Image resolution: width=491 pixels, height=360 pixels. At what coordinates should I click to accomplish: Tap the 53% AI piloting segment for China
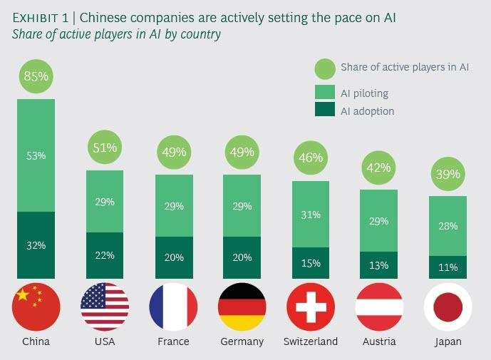click(36, 155)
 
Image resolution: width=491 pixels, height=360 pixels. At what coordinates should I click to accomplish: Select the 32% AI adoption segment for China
click(36, 245)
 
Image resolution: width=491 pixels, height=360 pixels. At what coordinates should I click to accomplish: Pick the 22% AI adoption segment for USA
click(105, 254)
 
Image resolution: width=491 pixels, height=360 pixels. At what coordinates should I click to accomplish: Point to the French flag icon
click(173, 307)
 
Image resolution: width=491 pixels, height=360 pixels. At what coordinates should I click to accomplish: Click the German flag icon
click(242, 307)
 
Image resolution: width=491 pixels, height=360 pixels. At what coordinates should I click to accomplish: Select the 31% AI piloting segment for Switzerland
click(311, 214)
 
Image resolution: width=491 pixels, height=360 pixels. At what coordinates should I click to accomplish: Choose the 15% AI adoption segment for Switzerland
click(311, 263)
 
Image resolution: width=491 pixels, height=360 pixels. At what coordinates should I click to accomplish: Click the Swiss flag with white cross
click(311, 307)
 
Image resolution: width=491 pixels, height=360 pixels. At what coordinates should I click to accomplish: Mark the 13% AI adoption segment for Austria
click(379, 265)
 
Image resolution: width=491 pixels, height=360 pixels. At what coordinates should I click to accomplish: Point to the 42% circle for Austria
click(379, 168)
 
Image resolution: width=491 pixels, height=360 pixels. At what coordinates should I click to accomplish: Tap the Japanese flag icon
click(448, 307)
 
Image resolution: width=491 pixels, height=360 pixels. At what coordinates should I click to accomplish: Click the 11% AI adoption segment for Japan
click(448, 267)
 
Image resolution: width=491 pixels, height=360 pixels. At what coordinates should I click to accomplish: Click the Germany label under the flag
click(242, 341)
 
